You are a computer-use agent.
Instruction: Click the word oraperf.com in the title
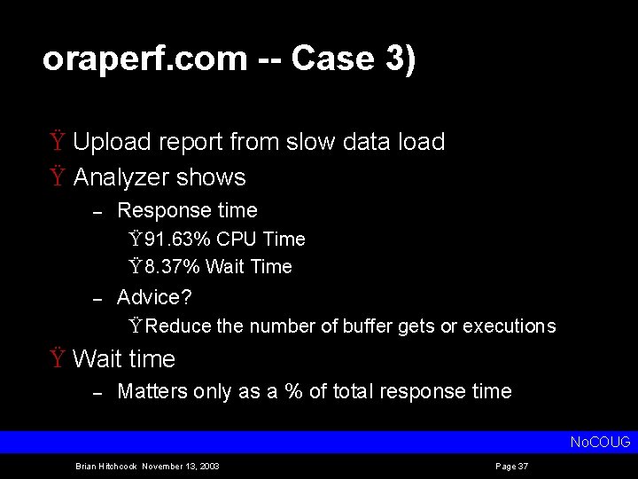[x=144, y=59]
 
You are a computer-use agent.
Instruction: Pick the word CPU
[x=236, y=239]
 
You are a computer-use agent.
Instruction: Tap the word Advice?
[x=154, y=296]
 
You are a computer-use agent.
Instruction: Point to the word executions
[x=508, y=326]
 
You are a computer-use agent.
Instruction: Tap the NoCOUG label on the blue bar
[x=600, y=442]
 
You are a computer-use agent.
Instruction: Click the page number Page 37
[x=512, y=467]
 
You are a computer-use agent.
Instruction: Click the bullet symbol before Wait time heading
[x=57, y=359]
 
